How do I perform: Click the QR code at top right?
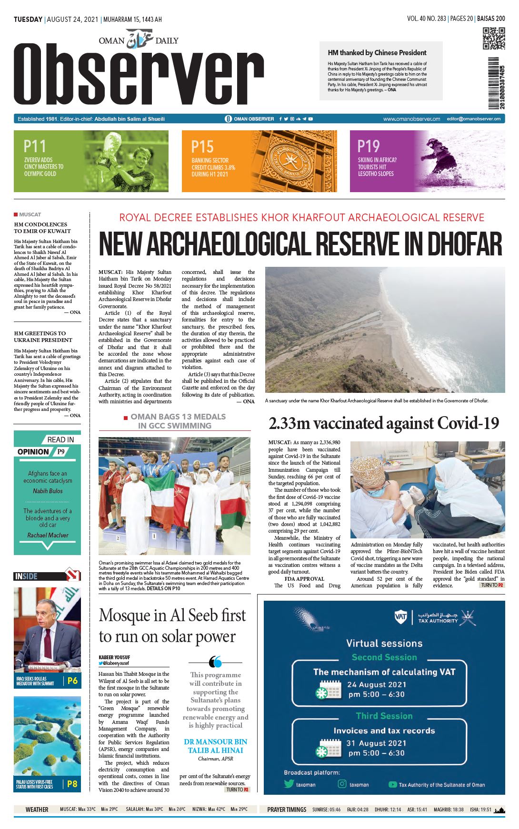494,39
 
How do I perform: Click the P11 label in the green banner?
35,146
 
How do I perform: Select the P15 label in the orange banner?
202,146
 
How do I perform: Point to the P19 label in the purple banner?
369,146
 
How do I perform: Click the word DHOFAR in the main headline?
464,244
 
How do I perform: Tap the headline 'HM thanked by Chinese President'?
377,53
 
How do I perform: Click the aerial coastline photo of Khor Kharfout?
385,330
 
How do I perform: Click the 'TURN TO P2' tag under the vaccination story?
492,585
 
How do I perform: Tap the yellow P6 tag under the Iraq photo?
72,681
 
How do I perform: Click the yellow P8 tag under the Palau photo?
72,784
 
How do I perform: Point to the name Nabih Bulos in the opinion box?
48,491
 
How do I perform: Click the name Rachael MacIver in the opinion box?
48,535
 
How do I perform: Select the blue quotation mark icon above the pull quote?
215,662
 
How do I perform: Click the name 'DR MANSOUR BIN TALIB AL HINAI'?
215,746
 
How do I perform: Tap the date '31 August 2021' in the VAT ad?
376,743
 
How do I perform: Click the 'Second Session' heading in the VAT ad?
384,657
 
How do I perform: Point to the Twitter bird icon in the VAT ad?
289,784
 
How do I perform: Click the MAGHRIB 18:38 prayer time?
449,809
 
